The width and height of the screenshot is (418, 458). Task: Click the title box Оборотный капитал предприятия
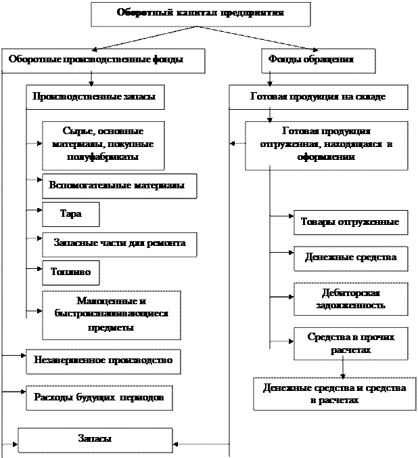[x=200, y=14]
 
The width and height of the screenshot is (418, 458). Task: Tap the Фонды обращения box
[x=318, y=60]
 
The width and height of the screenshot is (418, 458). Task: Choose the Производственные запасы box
[x=95, y=97]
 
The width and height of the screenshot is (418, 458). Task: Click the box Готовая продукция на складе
[x=318, y=97]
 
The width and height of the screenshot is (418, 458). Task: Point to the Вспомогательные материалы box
[x=119, y=186]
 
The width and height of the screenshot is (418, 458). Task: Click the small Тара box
[x=70, y=214]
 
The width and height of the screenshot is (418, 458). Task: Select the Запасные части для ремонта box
[x=119, y=243]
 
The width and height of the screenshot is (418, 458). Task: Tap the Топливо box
[x=70, y=272]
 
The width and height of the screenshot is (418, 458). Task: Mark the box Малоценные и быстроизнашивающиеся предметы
[x=112, y=314]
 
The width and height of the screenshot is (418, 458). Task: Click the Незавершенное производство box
[x=103, y=360]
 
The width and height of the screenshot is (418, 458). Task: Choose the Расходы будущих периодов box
[x=99, y=397]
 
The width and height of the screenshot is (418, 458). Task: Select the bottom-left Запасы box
[x=95, y=439]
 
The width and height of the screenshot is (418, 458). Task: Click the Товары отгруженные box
[x=350, y=222]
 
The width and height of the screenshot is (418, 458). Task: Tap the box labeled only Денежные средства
[x=350, y=258]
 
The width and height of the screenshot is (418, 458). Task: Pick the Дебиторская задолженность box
[x=350, y=299]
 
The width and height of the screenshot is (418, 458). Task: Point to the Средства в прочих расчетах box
[x=350, y=343]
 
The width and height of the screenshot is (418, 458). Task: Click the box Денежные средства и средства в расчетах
[x=334, y=394]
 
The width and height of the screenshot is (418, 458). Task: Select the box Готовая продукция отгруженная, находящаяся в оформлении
[x=326, y=144]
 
